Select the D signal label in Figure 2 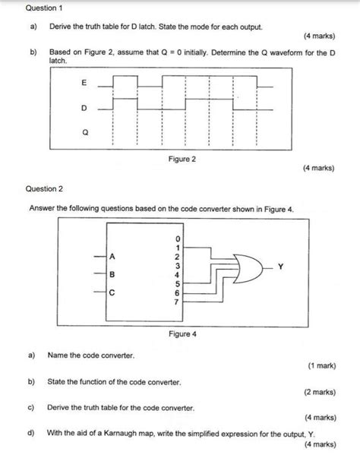coord(84,107)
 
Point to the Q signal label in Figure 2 coord(84,131)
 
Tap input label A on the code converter coord(112,256)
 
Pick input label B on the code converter coord(112,273)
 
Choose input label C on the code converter coord(112,292)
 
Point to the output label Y coord(280,267)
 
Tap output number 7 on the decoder coord(177,302)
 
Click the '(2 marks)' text coord(320,393)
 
